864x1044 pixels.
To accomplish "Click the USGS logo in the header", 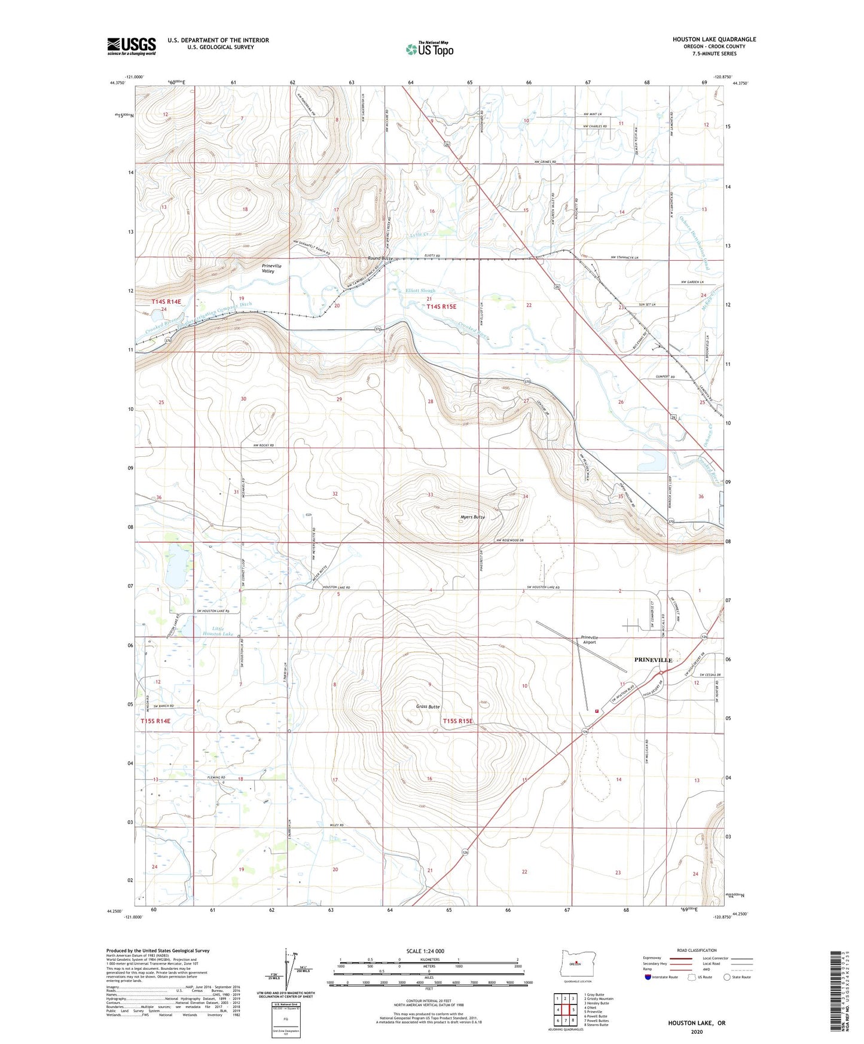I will coord(132,46).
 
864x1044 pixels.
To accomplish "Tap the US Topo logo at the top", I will coord(429,49).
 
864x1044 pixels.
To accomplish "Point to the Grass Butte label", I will coord(428,707).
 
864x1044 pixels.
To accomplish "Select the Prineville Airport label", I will coord(589,640).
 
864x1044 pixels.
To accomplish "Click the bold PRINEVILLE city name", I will coord(653,660).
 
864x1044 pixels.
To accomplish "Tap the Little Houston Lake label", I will coord(218,631).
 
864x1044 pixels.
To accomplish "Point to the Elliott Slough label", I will coord(420,291).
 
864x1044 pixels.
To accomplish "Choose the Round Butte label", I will coord(380,258).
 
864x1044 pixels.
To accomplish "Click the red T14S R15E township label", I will coord(441,307).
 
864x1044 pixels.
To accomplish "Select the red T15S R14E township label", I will coord(155,721).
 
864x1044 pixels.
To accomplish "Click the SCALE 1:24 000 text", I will coord(425,951).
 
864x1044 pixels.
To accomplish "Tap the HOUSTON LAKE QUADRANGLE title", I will coord(714,39).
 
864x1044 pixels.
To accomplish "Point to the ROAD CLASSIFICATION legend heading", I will coord(697,950).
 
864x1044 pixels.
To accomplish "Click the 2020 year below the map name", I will coord(697,1031).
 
